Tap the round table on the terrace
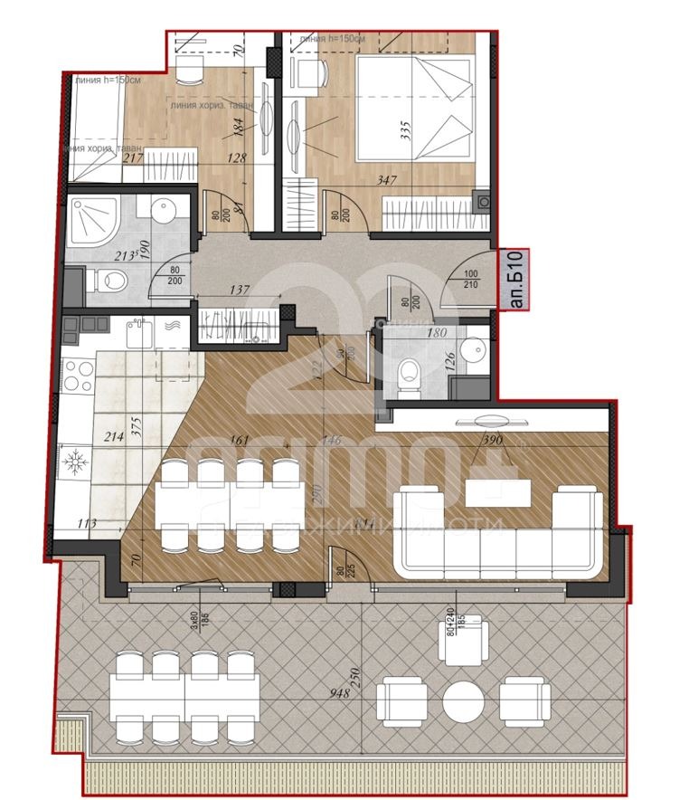point(464,701)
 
